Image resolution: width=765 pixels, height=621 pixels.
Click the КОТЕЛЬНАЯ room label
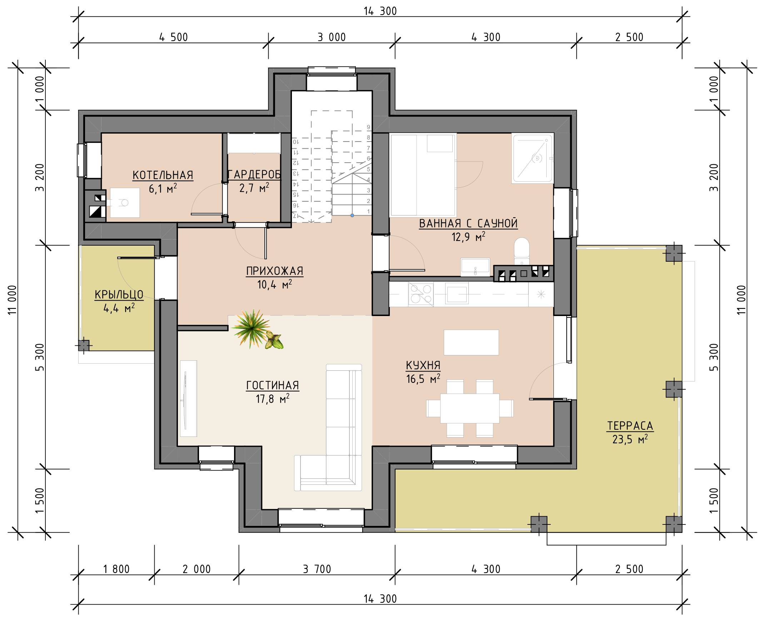coord(163,175)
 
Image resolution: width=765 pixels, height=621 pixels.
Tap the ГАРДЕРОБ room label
coord(254,174)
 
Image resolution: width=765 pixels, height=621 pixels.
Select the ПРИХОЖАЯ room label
coord(274,271)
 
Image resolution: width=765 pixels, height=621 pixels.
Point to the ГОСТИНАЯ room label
coord(272,385)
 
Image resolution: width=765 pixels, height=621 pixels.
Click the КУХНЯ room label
coord(423,365)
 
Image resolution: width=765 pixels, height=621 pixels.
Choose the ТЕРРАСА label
coord(630,426)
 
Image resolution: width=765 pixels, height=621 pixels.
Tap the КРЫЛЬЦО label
coord(119,294)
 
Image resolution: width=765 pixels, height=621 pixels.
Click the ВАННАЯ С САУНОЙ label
coord(468,223)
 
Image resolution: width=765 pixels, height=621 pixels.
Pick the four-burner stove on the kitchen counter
coord(421,294)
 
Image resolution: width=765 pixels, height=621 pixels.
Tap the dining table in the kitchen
coord(470,408)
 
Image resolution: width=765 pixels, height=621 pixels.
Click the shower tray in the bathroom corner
coord(533,158)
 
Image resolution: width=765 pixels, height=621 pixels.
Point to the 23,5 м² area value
coord(630,439)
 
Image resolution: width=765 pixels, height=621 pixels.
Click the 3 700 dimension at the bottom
coord(317,569)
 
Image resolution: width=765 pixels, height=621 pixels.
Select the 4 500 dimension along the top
coord(173,37)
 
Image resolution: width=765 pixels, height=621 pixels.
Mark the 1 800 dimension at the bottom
coord(116,569)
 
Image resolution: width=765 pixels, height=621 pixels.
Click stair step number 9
coord(368,127)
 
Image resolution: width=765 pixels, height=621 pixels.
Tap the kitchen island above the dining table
coord(471,342)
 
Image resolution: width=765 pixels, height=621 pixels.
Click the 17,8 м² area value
coord(272,399)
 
